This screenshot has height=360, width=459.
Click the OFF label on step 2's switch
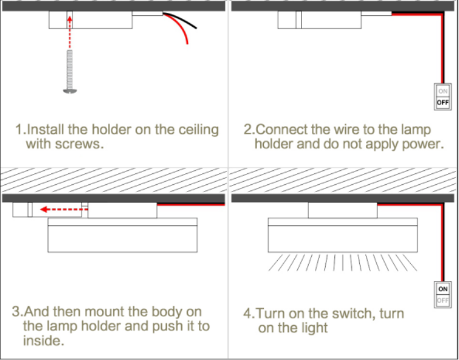point(443,103)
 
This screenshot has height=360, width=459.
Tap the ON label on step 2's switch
point(443,91)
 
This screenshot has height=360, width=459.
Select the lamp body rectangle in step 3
point(123,238)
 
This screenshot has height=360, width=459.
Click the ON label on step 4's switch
point(443,289)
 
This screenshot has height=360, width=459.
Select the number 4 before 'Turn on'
point(247,314)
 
